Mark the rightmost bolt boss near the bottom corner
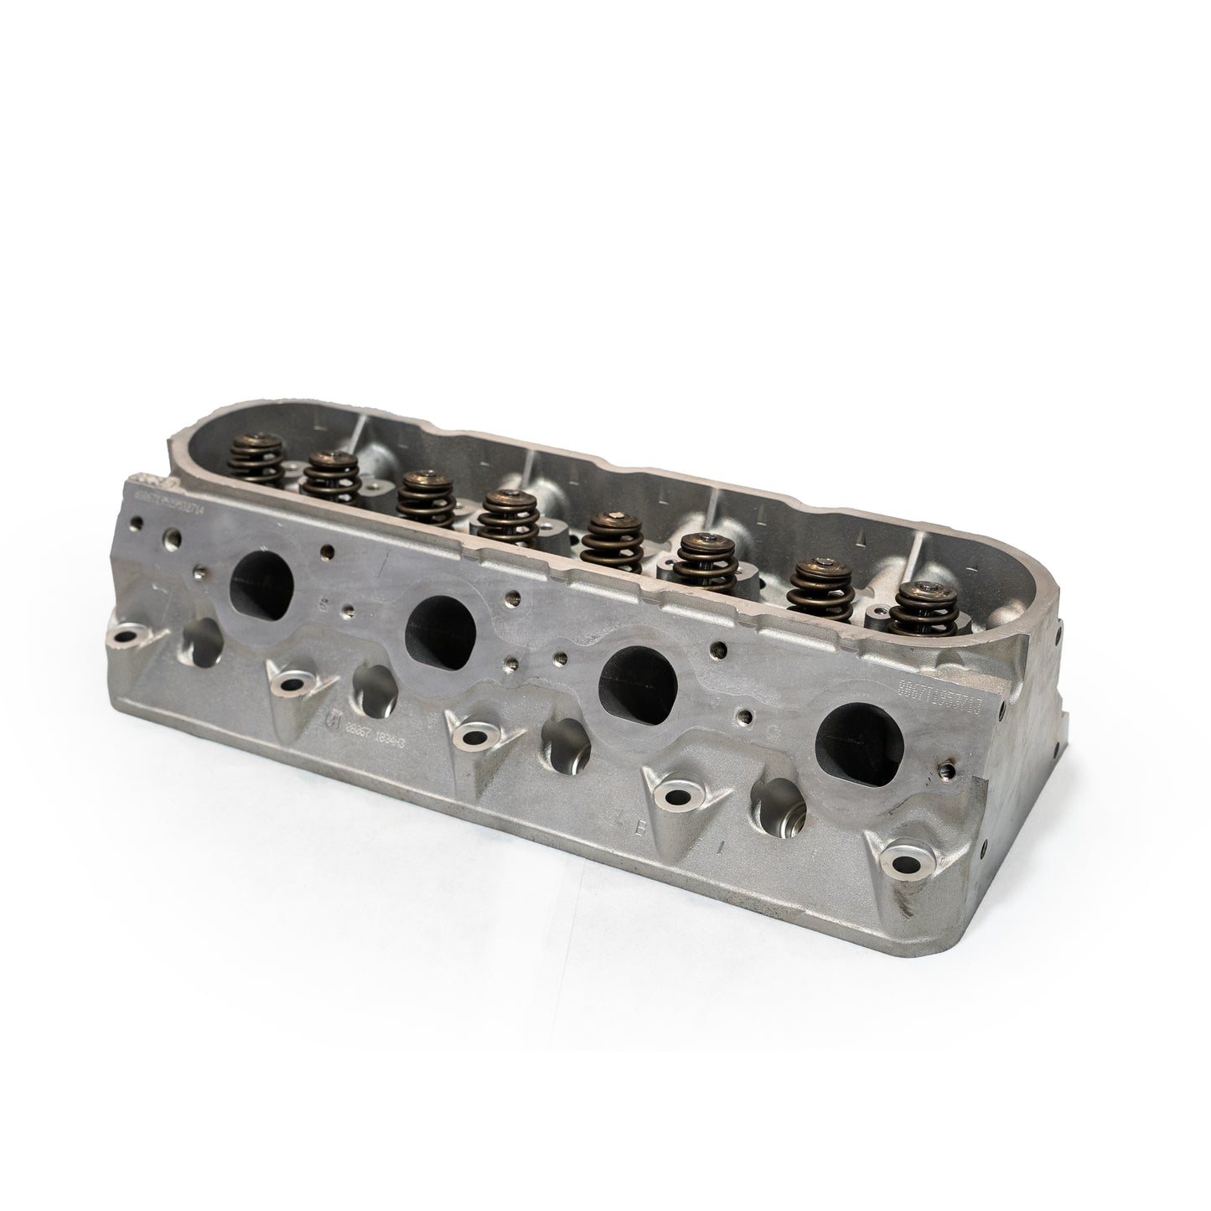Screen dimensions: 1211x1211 point(904,862)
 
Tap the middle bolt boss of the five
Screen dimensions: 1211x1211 point(473,736)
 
